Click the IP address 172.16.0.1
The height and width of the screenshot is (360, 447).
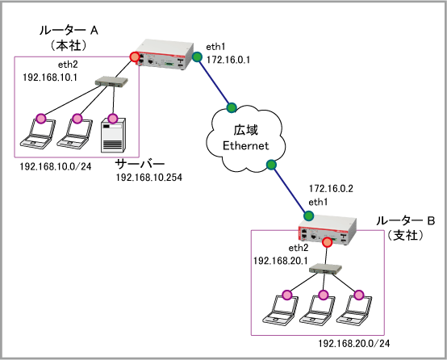(228, 60)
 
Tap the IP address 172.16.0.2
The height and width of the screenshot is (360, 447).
(331, 189)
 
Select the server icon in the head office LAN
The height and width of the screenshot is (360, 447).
(113, 135)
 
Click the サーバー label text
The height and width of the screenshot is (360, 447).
(140, 164)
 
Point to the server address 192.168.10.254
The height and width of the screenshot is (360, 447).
(148, 178)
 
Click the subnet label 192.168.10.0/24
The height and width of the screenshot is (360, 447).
(56, 166)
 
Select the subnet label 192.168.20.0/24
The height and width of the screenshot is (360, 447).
(353, 344)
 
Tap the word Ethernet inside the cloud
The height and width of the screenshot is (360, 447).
(246, 146)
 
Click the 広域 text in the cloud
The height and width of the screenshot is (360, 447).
(246, 130)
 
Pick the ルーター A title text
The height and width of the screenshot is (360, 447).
(69, 30)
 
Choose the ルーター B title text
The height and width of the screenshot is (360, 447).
(405, 221)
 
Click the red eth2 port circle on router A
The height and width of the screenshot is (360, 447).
(134, 57)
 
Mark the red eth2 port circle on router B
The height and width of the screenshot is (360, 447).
(328, 242)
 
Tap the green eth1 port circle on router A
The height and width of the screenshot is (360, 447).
(197, 57)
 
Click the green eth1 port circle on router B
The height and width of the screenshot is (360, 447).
(308, 216)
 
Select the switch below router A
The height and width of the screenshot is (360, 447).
(111, 82)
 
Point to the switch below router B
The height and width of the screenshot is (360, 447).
(325, 269)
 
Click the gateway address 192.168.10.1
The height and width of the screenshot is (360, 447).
(50, 77)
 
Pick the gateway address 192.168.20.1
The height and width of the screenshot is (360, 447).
(281, 261)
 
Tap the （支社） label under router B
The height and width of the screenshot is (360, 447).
(405, 236)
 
